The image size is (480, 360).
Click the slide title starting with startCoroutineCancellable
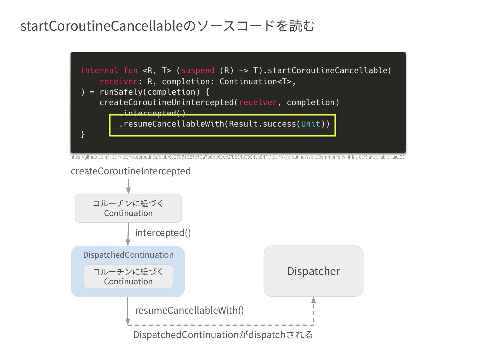point(168,26)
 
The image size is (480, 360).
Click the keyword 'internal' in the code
point(99,71)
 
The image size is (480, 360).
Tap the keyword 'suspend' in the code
point(198,71)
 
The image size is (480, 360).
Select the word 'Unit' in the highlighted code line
point(310,124)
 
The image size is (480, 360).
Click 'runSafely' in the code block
point(123,92)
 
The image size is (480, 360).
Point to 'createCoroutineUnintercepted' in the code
point(166,103)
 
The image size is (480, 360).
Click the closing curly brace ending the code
point(83,134)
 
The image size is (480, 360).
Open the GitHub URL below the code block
point(237,157)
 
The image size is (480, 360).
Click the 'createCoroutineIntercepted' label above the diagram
point(131,171)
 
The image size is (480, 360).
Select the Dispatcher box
point(313,271)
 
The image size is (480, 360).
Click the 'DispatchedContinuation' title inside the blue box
point(128,255)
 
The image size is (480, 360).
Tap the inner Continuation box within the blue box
point(128,277)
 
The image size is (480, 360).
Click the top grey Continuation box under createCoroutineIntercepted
point(128,208)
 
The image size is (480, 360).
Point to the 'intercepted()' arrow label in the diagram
point(163,233)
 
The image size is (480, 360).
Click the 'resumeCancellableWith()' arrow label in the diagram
point(189,311)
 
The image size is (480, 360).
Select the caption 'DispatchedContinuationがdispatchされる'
point(223,335)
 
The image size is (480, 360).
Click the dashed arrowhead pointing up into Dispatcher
point(313,300)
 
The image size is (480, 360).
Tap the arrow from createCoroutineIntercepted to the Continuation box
point(128,186)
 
